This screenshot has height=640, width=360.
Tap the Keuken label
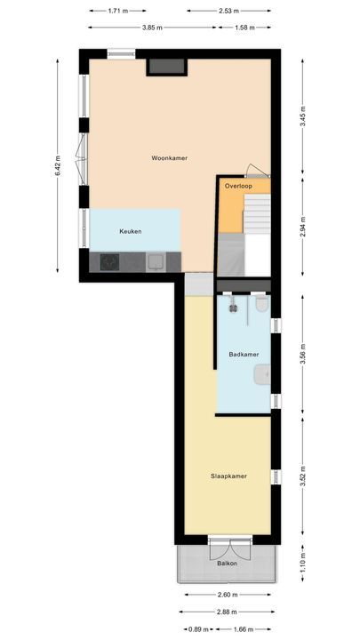coord(131,231)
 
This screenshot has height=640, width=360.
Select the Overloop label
coord(238,187)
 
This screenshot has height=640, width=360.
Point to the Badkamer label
coord(244,355)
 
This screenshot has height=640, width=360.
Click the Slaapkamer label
coord(228,476)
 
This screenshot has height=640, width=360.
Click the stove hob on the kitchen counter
coord(110,261)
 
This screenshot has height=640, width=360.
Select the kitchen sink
coord(156,261)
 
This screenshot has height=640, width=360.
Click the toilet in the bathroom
coord(260,305)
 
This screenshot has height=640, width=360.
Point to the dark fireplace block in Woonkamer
coord(166,66)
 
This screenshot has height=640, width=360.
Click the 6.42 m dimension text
coord(58,166)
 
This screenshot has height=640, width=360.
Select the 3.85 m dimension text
coord(152,28)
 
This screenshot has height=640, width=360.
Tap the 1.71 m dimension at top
coord(116,12)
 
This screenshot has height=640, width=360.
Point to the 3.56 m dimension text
coord(302,355)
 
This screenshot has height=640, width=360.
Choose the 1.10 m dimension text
coord(302,558)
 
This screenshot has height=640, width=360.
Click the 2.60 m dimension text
coord(227,595)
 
